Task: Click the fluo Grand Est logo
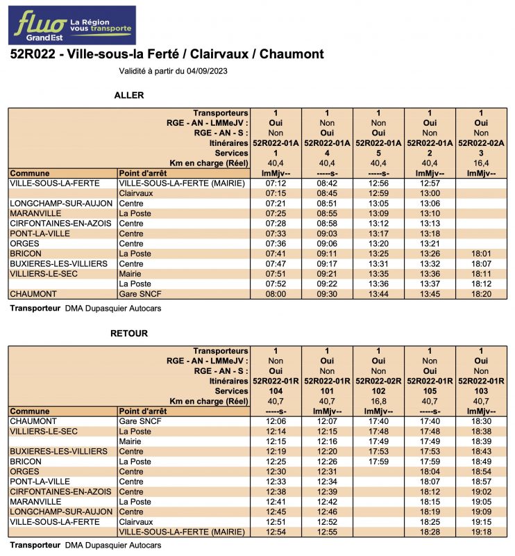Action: [x=72, y=26]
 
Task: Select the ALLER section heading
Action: [x=128, y=95]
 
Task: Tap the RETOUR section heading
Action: [x=129, y=334]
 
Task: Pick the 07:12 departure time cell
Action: [x=276, y=183]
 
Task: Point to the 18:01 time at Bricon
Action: [x=481, y=254]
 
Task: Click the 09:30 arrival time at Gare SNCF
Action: [x=327, y=294]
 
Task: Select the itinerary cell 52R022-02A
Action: [x=481, y=142]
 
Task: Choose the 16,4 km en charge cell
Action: [x=481, y=163]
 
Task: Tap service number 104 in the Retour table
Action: [x=276, y=391]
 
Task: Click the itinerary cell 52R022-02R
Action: [x=378, y=381]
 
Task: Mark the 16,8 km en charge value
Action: [x=378, y=401]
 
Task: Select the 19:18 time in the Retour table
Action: [x=481, y=532]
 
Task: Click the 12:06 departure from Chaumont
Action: [x=276, y=421]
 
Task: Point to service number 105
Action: [x=430, y=391]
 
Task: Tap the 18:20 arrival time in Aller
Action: [x=481, y=294]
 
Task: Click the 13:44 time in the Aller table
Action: [x=378, y=294]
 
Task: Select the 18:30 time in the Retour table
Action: [x=481, y=421]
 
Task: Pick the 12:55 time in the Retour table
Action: [x=327, y=532]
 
